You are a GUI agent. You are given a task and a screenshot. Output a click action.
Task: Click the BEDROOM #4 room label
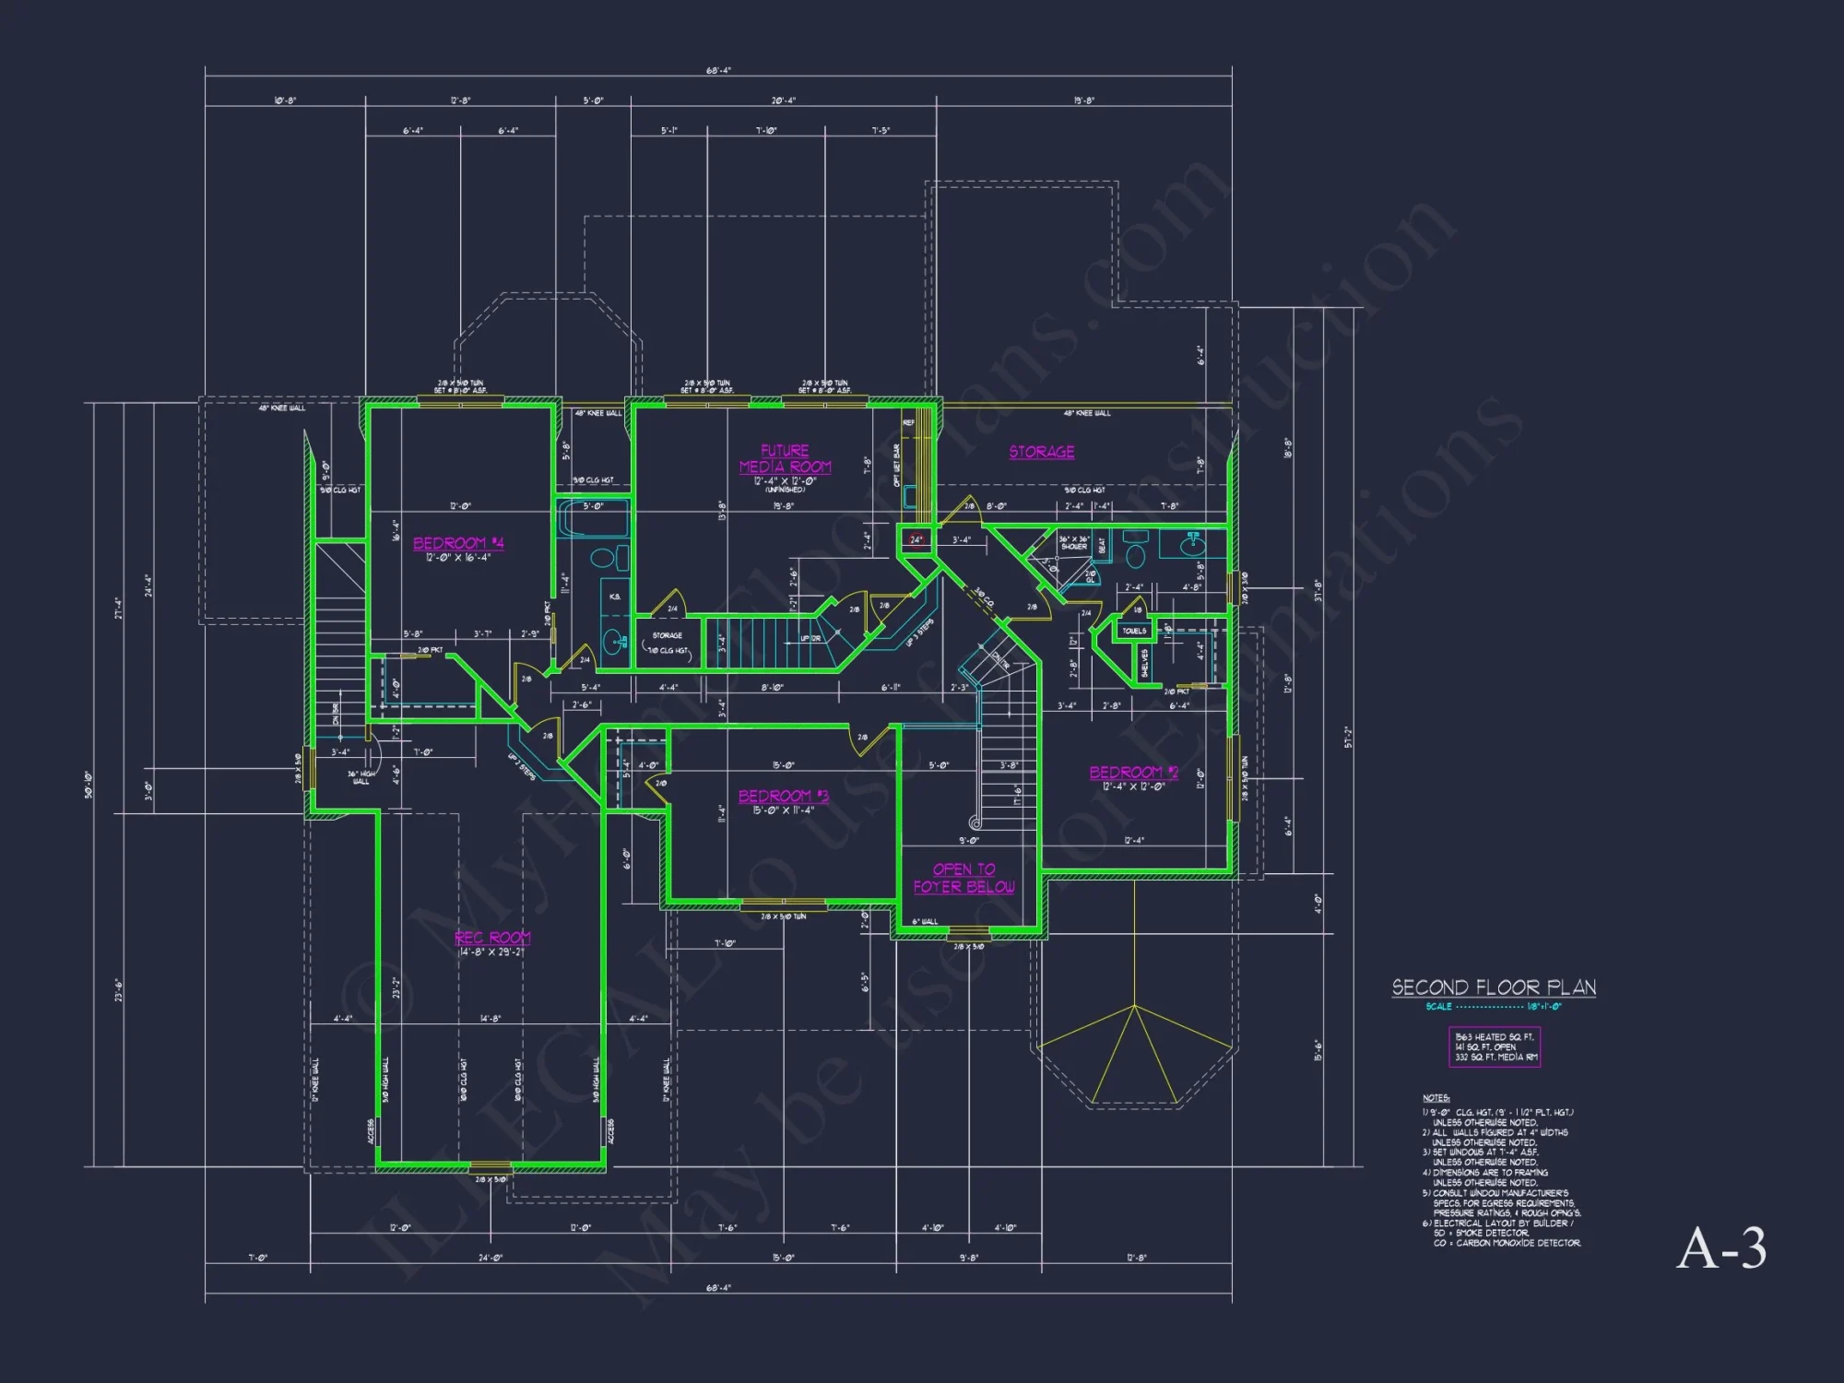point(458,543)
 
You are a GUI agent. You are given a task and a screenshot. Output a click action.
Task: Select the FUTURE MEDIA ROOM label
point(785,459)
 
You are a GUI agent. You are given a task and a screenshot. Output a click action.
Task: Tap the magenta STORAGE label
point(1041,452)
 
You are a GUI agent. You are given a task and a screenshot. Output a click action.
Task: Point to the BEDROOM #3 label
point(783,796)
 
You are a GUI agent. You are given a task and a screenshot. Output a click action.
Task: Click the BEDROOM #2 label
point(1133,773)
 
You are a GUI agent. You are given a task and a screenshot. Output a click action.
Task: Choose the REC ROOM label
point(492,938)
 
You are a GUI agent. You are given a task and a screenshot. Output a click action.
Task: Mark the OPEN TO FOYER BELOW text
point(963,878)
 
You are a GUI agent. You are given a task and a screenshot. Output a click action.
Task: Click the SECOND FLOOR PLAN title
point(1493,987)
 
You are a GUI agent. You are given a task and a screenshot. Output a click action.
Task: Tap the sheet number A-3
point(1720,1249)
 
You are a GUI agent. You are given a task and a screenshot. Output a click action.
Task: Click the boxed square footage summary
point(1494,1047)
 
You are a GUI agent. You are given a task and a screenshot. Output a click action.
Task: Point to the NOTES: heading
point(1436,1098)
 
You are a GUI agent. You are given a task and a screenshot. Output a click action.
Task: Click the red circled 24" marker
point(916,539)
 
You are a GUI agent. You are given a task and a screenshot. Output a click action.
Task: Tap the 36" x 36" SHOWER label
point(1073,543)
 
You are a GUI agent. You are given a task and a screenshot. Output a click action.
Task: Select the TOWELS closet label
point(1134,632)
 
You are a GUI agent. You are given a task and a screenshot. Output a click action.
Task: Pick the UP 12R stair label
point(810,638)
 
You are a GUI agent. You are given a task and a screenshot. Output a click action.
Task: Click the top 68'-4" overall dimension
point(718,71)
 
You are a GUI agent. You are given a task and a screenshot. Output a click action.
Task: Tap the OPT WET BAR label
point(896,466)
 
